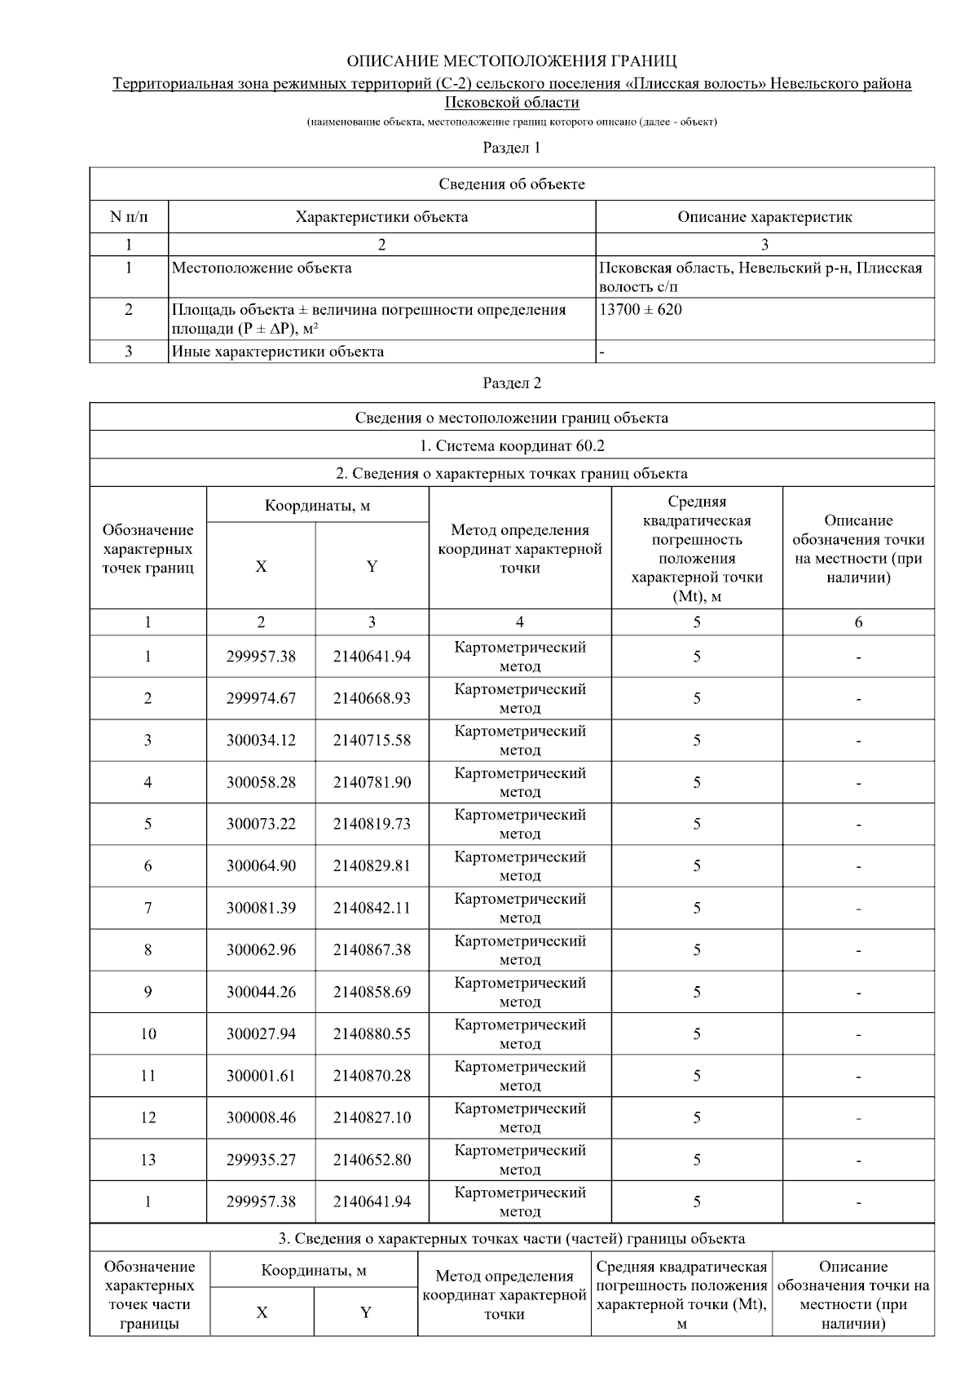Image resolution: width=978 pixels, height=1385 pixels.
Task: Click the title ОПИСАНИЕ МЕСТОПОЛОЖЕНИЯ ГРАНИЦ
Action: coord(511,61)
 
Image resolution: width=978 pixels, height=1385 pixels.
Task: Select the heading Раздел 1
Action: coord(511,148)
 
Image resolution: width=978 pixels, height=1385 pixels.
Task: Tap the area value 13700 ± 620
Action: coord(641,310)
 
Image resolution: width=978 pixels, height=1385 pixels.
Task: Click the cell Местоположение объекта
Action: coord(262,268)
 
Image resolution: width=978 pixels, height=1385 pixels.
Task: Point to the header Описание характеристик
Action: coord(764,217)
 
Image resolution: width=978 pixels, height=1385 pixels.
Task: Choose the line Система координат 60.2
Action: coord(511,446)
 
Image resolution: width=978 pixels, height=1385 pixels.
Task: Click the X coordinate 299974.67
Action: coord(261,699)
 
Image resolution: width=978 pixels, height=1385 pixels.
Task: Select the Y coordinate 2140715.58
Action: coord(372,741)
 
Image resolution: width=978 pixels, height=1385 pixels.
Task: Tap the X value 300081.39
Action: coord(261,909)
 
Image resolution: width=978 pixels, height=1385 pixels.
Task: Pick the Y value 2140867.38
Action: coord(372,950)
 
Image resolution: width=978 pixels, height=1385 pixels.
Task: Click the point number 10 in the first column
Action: coord(148,1034)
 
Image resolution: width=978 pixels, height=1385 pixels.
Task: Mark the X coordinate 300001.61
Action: coord(261,1076)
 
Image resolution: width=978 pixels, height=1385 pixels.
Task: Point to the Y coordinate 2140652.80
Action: coord(372,1160)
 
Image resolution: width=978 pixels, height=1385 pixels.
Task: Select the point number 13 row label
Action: coord(148,1160)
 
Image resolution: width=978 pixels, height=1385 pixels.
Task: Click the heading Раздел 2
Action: coord(511,383)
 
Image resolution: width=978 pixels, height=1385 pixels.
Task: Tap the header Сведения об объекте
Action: coord(511,184)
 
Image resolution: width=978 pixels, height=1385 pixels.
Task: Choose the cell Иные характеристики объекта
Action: coord(278,352)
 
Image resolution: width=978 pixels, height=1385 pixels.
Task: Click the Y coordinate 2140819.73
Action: coord(372,825)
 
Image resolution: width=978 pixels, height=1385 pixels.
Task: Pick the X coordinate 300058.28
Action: coord(261,783)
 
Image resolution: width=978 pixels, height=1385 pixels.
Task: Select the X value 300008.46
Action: coord(261,1118)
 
